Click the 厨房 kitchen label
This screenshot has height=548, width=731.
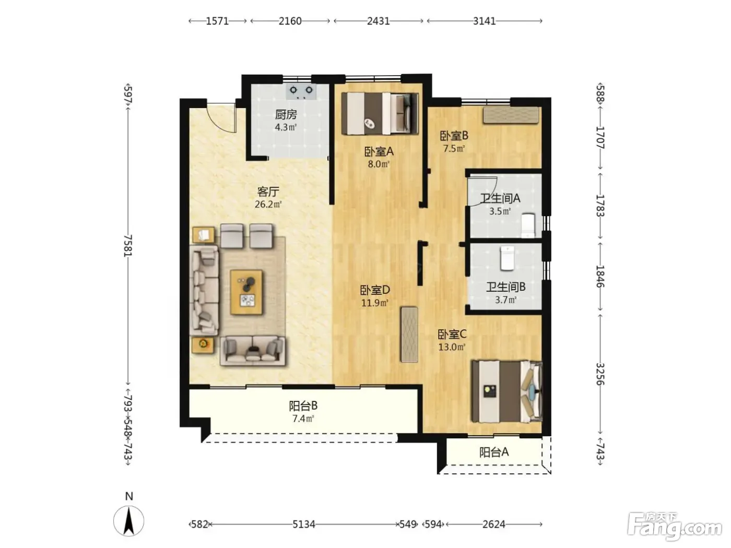click(286, 115)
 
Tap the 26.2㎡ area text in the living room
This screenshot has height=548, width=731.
click(268, 204)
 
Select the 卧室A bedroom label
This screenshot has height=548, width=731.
click(379, 152)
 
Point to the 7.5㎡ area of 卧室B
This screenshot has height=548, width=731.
click(454, 149)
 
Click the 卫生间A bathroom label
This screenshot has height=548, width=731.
click(500, 199)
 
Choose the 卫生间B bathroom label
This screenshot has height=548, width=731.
click(505, 287)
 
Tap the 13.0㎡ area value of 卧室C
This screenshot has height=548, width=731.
click(452, 348)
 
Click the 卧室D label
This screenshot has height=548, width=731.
click(375, 290)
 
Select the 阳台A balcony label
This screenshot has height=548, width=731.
click(494, 452)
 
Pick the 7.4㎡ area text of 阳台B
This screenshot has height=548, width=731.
click(303, 419)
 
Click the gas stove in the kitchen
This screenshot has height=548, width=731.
click(301, 91)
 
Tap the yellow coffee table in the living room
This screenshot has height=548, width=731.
click(246, 292)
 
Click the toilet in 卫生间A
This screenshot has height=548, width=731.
click(528, 225)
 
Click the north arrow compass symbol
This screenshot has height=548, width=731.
click(129, 521)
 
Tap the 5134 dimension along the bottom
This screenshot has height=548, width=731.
click(304, 525)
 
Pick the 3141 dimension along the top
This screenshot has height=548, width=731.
click(485, 21)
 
